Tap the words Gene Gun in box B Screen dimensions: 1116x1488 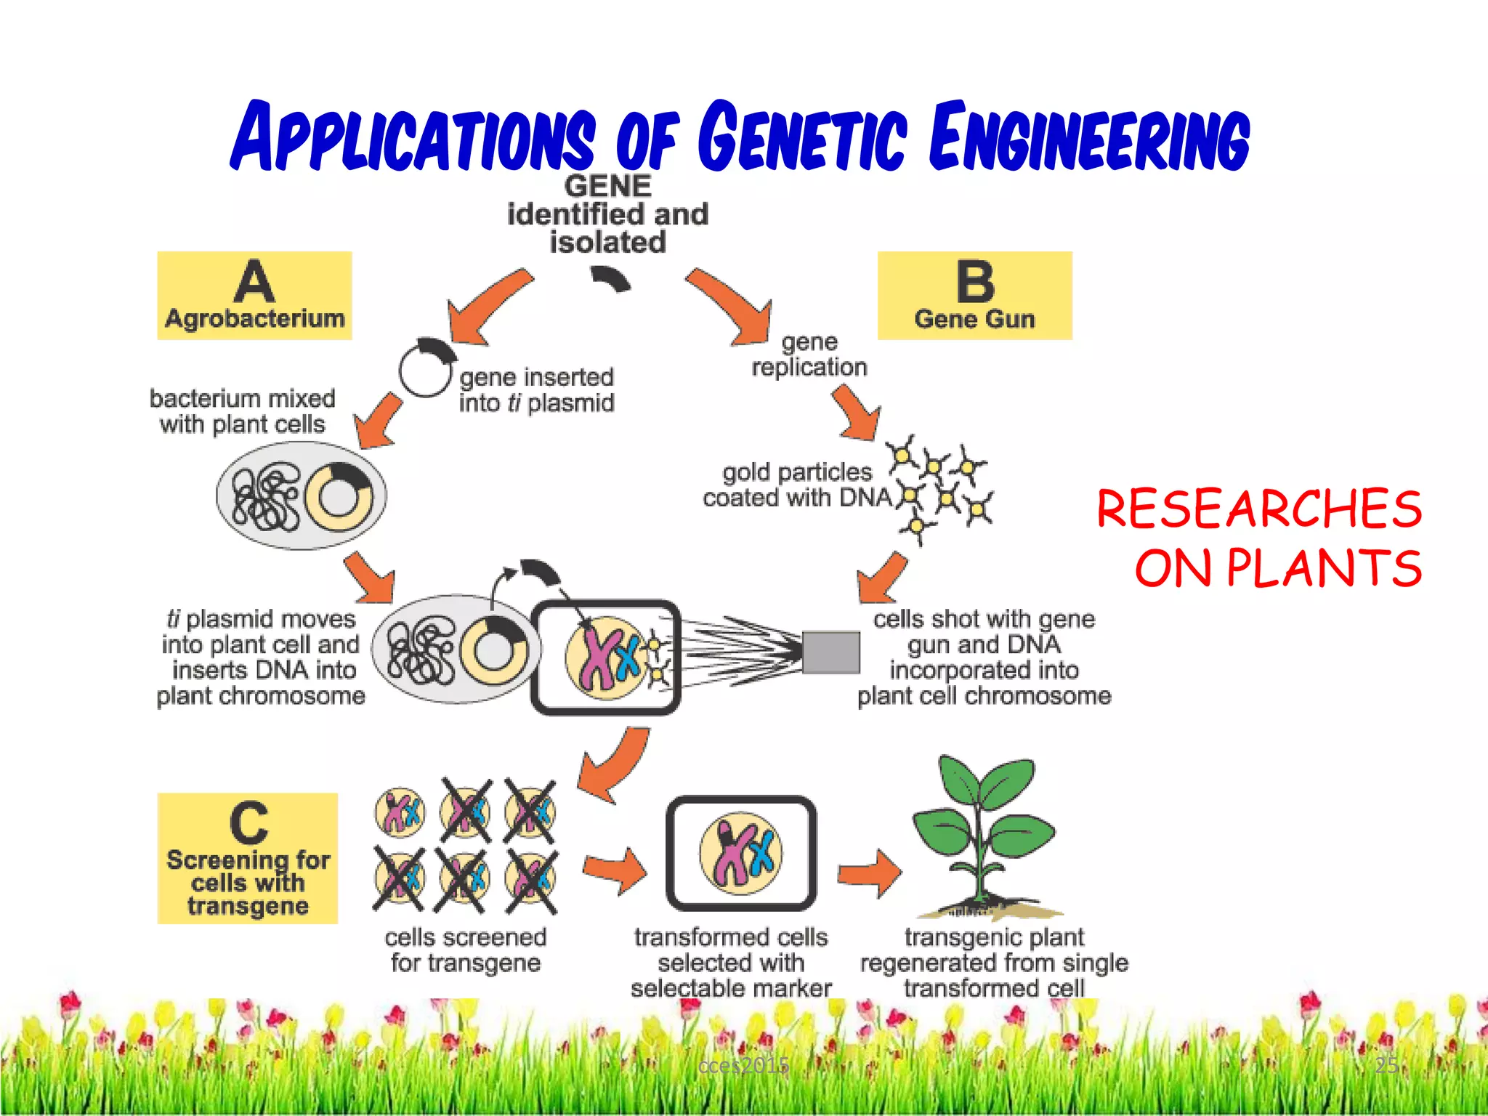[x=974, y=319]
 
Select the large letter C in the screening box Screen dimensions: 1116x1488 [x=248, y=822]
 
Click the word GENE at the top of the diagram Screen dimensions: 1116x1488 [x=607, y=186]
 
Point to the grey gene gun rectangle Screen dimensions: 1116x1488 [x=830, y=652]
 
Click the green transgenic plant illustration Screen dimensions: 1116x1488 [x=984, y=836]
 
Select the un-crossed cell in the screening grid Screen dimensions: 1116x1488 [x=399, y=812]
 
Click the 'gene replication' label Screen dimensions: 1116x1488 [x=809, y=355]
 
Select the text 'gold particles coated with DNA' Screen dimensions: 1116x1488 [x=797, y=485]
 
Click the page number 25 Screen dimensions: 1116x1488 [x=1386, y=1065]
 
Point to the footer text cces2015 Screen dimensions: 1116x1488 [x=743, y=1066]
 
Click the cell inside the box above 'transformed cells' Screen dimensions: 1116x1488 [x=741, y=852]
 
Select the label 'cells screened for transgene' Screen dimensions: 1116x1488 [x=465, y=950]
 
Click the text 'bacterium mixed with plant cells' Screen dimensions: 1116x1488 [x=242, y=411]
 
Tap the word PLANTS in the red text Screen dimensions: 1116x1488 [x=1324, y=568]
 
